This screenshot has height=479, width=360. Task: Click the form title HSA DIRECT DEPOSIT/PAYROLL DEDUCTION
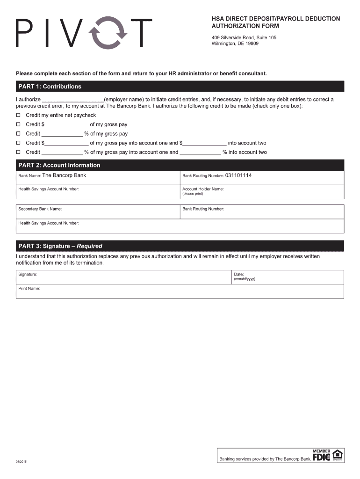coord(276,19)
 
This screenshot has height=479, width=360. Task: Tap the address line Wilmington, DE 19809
coord(235,44)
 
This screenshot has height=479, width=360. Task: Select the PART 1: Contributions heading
coord(50,87)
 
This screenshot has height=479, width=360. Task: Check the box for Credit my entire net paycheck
coord(19,115)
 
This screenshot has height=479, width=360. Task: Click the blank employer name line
coord(73,100)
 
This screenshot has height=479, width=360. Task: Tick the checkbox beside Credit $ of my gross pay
coord(19,124)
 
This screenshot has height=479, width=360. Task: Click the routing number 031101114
coord(238,175)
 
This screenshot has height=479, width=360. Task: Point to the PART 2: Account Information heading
coord(59,165)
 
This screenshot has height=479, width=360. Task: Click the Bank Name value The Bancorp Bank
coord(64,175)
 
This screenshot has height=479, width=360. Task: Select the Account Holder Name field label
coord(203,189)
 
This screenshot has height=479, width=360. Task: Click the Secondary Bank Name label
coord(40,209)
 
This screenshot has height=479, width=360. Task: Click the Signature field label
coord(28,274)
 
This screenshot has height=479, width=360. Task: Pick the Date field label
coord(239,274)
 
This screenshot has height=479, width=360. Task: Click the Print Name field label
coord(29,289)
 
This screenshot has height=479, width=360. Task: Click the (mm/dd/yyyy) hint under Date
coord(245,279)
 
